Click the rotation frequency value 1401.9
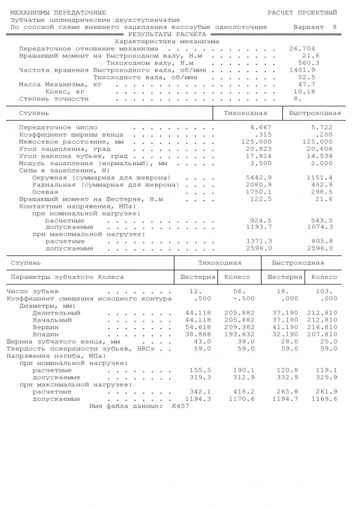302,70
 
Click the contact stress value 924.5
261,221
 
